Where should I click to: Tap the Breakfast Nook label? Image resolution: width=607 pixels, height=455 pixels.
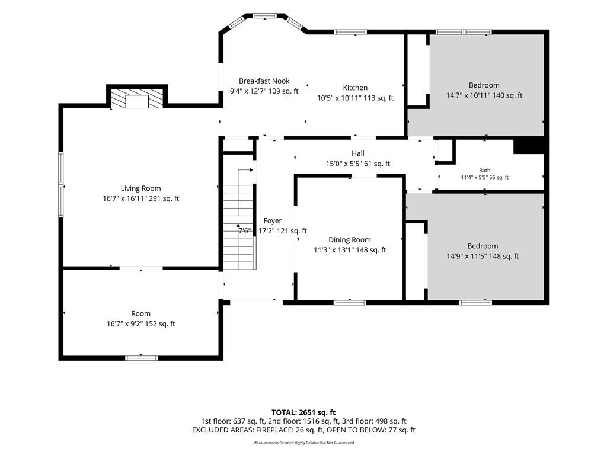coord(264,81)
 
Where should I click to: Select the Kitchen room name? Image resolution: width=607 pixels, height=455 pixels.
coord(355,88)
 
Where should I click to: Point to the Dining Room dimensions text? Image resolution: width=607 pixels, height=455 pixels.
coord(350,250)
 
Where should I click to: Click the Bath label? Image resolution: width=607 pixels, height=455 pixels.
coord(485,170)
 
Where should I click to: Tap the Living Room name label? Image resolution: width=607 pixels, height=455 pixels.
coord(140,188)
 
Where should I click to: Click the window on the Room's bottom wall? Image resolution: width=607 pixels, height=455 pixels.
coord(142,358)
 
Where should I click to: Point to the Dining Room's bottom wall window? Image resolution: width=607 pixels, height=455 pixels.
coord(350,303)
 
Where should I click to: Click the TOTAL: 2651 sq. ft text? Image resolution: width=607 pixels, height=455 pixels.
coord(303,412)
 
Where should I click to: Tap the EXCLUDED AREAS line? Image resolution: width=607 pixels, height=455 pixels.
coord(303,430)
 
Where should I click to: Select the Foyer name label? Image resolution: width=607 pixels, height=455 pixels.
coord(273,220)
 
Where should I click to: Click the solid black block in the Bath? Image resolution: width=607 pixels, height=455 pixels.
coord(529,146)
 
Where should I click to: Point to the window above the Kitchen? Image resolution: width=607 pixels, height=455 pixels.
coord(350,32)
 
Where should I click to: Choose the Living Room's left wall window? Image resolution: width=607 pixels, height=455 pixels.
coord(61,185)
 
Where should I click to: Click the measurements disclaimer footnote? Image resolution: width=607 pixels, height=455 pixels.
coord(303,443)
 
